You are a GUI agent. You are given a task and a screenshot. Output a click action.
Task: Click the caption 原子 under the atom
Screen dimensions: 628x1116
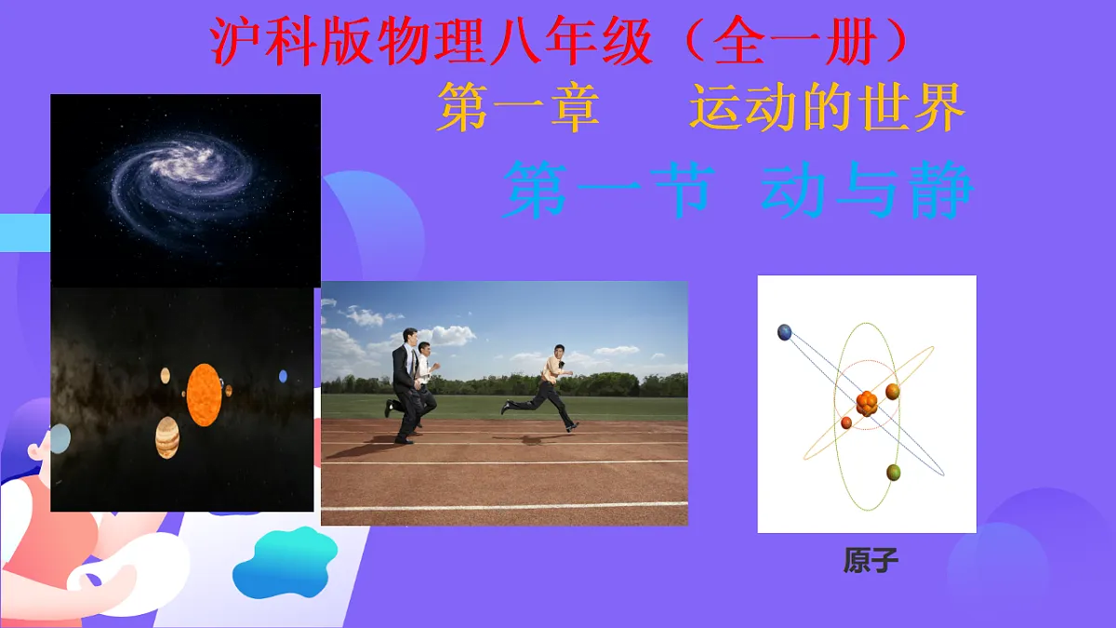(871, 562)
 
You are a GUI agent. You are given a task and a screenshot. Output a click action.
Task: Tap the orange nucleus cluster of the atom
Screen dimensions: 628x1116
(867, 404)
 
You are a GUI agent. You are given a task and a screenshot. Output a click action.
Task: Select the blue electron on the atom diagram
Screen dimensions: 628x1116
(785, 332)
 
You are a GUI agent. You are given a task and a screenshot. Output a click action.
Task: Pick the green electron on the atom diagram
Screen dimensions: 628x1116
(894, 473)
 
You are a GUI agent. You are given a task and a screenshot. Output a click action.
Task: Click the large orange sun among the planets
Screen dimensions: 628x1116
(204, 394)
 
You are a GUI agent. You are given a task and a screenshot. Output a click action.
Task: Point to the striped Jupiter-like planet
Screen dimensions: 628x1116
(167, 436)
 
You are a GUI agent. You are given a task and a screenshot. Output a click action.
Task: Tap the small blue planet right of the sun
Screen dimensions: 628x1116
(283, 376)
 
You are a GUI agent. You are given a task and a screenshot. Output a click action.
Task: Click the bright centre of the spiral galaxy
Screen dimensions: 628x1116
(190, 168)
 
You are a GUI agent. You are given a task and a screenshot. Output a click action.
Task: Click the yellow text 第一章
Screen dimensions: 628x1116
(519, 108)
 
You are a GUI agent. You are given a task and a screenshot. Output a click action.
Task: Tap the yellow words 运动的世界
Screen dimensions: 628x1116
(827, 108)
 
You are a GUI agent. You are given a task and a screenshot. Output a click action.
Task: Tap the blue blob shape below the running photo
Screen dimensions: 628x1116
(285, 562)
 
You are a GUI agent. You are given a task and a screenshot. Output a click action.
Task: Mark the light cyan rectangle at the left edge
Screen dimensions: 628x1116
(24, 233)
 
